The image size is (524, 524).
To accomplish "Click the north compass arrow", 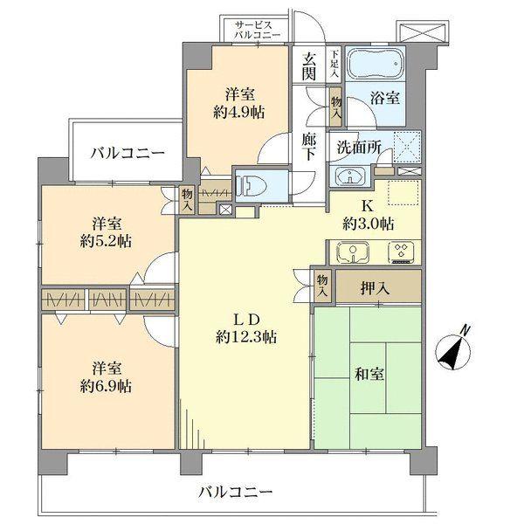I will tap(455, 348).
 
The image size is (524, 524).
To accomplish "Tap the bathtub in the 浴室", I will tap(375, 65).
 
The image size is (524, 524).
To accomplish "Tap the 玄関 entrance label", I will tap(309, 67).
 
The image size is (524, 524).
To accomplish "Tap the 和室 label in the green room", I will tap(370, 373).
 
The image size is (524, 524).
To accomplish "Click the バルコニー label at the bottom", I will tap(234, 493).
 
